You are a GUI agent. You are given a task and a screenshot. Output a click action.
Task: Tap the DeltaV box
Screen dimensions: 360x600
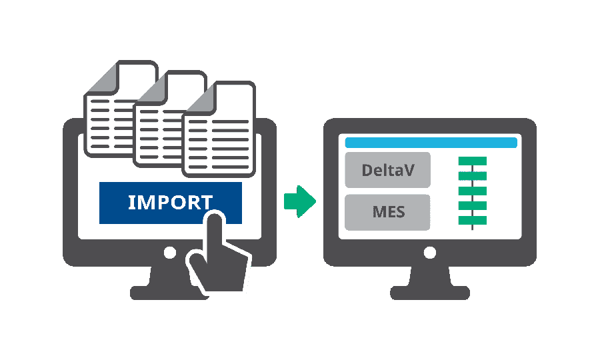pos(387,170)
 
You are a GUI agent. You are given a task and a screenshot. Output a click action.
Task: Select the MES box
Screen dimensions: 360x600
pos(387,213)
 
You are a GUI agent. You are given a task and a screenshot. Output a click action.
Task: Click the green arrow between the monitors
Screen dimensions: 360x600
pos(299,201)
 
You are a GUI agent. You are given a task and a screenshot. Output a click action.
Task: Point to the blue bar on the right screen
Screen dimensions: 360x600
pos(431,143)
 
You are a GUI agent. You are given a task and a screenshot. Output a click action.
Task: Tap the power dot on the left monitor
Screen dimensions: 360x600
pos(170,253)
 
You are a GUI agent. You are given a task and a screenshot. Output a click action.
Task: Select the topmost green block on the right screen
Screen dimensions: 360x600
pos(473,161)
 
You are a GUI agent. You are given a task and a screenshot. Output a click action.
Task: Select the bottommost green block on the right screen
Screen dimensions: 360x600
pos(473,220)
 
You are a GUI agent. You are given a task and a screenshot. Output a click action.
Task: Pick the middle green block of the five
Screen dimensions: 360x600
pos(473,191)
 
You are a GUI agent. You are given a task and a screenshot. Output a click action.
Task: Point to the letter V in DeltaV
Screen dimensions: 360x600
pos(409,170)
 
